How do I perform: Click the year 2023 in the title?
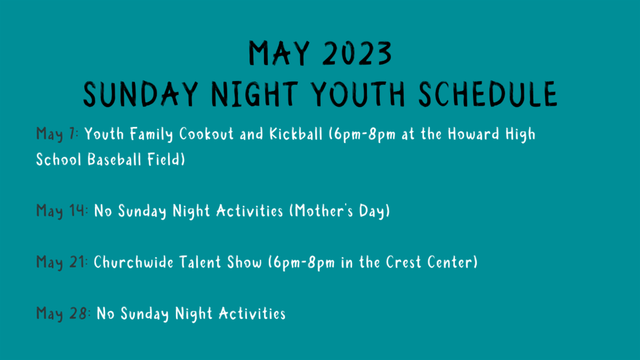(357, 53)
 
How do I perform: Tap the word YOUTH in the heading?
(358, 94)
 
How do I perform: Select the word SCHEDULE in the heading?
(488, 94)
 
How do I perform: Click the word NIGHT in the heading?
(254, 94)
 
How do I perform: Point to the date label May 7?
(57, 134)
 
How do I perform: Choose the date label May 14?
(62, 211)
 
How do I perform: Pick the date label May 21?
(62, 262)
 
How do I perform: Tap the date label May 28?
(63, 314)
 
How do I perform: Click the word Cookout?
(206, 134)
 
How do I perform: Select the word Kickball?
(295, 134)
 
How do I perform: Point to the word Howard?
(474, 134)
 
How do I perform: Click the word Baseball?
(114, 159)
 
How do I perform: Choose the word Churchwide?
(133, 262)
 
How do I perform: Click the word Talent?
(200, 262)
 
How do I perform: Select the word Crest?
(403, 262)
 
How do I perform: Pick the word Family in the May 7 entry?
(151, 134)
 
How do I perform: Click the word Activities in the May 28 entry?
(252, 314)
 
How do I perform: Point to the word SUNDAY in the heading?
(140, 94)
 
